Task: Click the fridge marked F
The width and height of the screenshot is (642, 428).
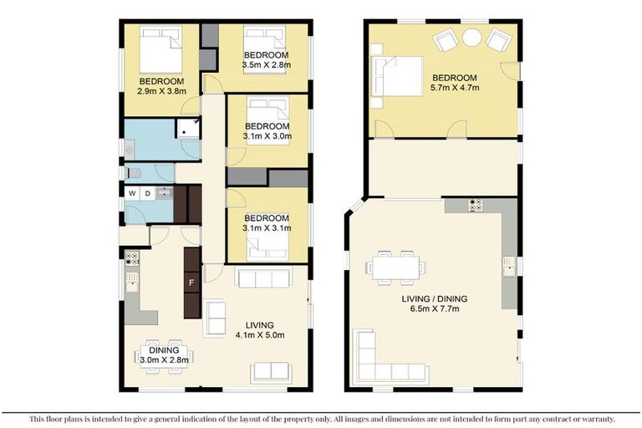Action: coord(191,282)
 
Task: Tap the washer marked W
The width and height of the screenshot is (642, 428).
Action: coord(131,194)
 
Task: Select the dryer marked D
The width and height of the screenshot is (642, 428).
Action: coord(147,194)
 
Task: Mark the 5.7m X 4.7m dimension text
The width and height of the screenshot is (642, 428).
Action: coord(454,86)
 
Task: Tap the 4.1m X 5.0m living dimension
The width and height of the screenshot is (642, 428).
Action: coord(259,337)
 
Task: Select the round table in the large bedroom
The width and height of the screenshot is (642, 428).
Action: coord(472,38)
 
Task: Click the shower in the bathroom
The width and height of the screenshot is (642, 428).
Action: coord(188,127)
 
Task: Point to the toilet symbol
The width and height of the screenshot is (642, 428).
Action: coord(133,173)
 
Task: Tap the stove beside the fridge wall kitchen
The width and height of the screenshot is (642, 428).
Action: coord(131,260)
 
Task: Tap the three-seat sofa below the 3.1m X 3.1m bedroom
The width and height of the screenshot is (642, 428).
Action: coord(263,278)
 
